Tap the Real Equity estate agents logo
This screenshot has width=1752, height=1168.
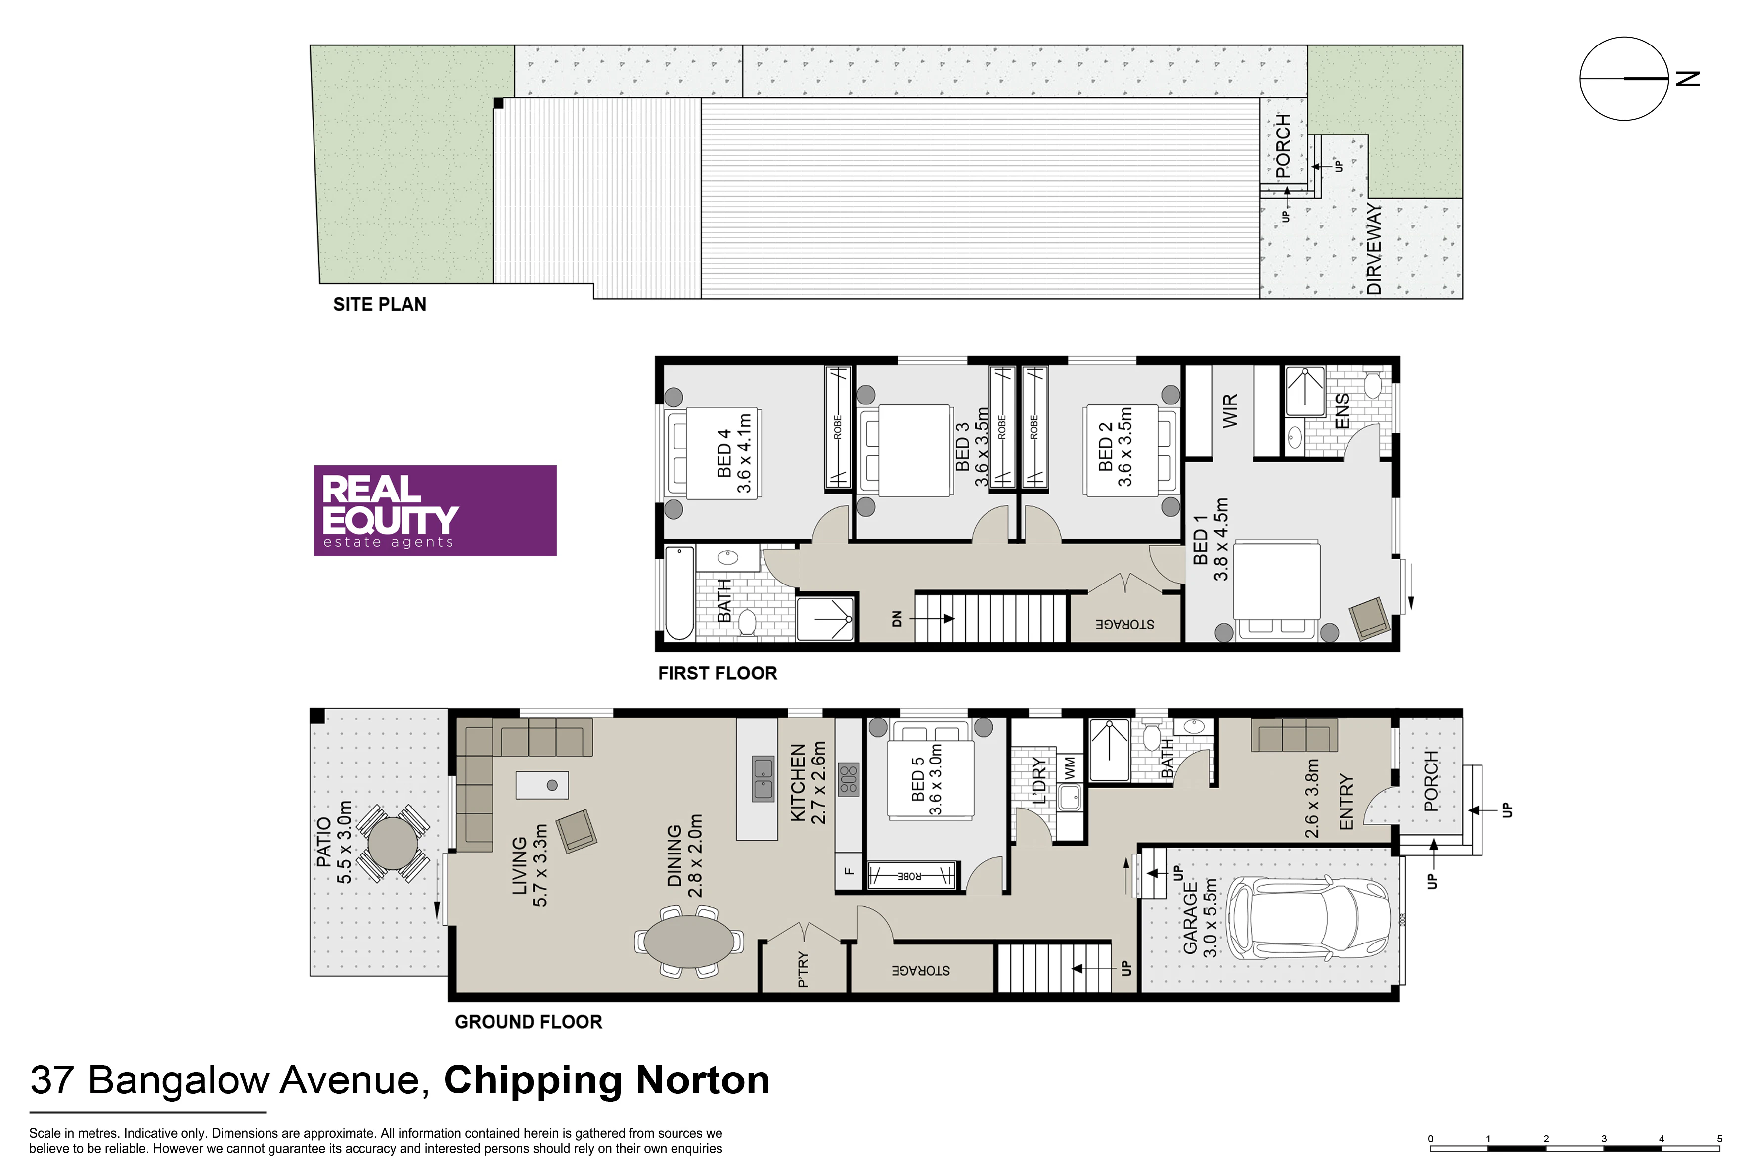tap(435, 510)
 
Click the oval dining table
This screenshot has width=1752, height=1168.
tap(689, 941)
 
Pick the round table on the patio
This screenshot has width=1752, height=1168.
tap(393, 843)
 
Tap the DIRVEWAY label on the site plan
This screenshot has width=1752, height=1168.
tap(1374, 249)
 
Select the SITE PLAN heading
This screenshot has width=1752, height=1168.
tap(380, 304)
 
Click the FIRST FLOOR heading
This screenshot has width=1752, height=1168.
tap(718, 674)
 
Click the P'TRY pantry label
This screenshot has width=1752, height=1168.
tap(802, 969)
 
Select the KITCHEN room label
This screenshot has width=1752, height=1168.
tap(798, 783)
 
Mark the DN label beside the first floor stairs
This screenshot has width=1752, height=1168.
tap(897, 618)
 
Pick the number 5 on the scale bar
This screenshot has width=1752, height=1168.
tap(1720, 1139)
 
